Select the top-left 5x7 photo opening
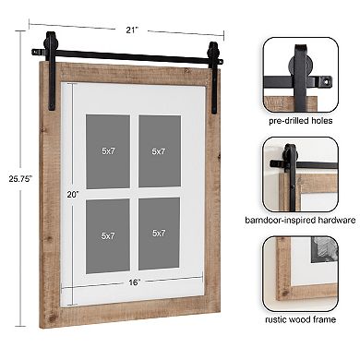[x=108, y=150]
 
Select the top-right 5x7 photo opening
[x=159, y=150]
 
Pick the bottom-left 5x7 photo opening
[x=108, y=235]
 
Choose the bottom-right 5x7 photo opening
[x=159, y=235]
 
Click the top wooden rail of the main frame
[x=129, y=74]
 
